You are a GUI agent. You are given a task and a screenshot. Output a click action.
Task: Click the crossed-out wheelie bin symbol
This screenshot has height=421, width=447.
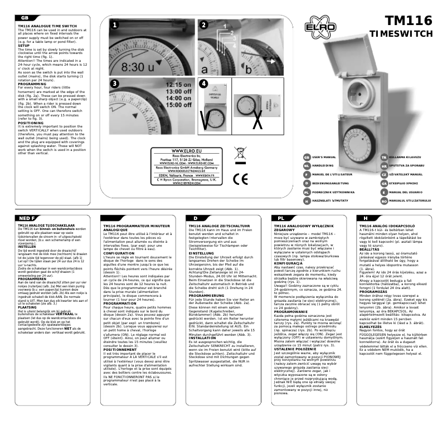[240, 154]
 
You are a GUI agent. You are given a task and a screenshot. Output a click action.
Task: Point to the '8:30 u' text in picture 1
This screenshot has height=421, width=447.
[137, 66]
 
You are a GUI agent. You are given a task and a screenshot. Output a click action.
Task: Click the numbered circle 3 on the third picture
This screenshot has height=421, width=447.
[114, 84]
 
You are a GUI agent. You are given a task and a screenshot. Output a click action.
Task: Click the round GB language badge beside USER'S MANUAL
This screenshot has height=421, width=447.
[307, 158]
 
